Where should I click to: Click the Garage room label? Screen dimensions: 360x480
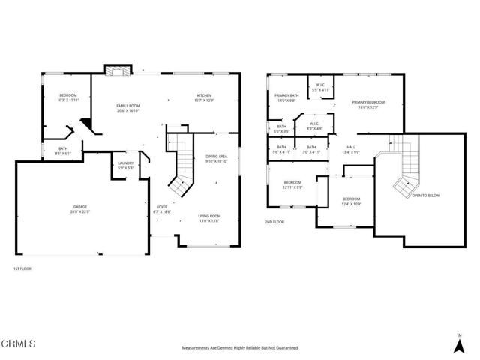pyautogui.click(x=81, y=209)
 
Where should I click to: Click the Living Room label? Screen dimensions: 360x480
pyautogui.click(x=209, y=217)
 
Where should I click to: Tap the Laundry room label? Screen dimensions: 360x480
pyautogui.click(x=125, y=164)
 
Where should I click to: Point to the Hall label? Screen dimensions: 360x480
pyautogui.click(x=352, y=148)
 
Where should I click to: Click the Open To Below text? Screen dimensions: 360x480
pyautogui.click(x=425, y=196)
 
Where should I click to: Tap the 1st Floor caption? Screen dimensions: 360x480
pyautogui.click(x=22, y=268)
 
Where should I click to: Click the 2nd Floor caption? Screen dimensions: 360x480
pyautogui.click(x=275, y=222)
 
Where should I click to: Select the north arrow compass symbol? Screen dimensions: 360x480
pyautogui.click(x=458, y=343)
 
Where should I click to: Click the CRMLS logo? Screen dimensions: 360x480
pyautogui.click(x=19, y=343)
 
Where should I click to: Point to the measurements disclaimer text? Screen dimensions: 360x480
pyautogui.click(x=239, y=348)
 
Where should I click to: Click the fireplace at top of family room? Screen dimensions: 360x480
pyautogui.click(x=116, y=70)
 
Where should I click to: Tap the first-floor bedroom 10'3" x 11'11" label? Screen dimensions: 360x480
pyautogui.click(x=68, y=98)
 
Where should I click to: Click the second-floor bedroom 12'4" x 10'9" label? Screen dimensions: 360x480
pyautogui.click(x=351, y=201)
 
